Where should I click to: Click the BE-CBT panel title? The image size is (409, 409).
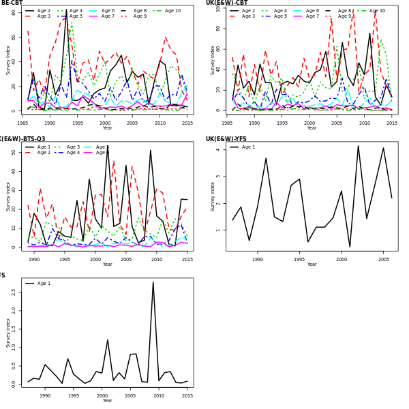(12, 3)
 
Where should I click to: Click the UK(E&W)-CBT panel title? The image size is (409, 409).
(226, 3)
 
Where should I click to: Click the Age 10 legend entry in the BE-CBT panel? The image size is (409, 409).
(172, 11)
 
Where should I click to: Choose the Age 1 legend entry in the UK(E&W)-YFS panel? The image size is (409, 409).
(247, 147)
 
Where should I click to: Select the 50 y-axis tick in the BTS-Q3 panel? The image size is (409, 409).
(15, 153)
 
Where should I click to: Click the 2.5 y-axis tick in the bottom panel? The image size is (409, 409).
(14, 292)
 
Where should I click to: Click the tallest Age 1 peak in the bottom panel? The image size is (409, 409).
(153, 282)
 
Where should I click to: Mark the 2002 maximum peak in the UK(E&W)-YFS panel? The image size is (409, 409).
(358, 145)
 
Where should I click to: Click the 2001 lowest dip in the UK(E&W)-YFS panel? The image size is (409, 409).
(350, 247)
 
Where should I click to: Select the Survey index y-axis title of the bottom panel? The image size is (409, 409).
(8, 333)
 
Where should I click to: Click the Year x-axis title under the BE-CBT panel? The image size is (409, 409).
(107, 128)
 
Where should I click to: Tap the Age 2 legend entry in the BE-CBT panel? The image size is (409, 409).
(43, 11)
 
